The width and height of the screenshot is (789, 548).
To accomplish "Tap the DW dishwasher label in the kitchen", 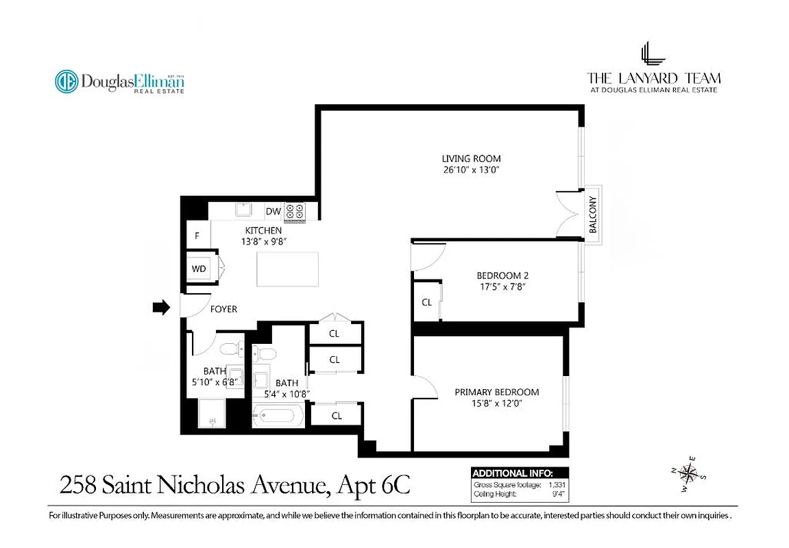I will point(273,212).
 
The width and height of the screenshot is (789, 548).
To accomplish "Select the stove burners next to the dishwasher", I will point(295,212).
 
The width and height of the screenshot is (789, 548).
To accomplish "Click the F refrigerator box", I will point(197,236).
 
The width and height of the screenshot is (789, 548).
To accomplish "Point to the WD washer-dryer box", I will point(199,269).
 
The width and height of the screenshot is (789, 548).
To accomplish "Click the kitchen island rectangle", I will point(288,269).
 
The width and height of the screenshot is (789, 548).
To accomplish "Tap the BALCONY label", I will point(594,214).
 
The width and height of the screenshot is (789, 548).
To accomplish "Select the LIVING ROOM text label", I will point(471,159).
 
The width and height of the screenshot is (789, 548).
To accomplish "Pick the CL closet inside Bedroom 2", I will point(426,302).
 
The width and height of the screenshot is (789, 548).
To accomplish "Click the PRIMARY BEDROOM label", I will point(497,393).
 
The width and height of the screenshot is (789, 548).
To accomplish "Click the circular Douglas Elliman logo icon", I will point(66,82).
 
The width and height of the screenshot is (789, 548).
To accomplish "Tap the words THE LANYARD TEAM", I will point(653,78).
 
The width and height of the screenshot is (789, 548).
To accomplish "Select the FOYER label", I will point(223,309).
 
